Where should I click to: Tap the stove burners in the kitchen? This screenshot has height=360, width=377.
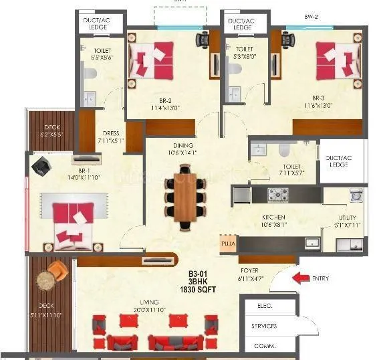point(278,195)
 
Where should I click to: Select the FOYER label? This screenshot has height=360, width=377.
point(250,270)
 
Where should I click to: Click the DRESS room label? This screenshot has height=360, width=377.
point(107,133)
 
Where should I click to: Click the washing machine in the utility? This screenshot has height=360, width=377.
point(355,195)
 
